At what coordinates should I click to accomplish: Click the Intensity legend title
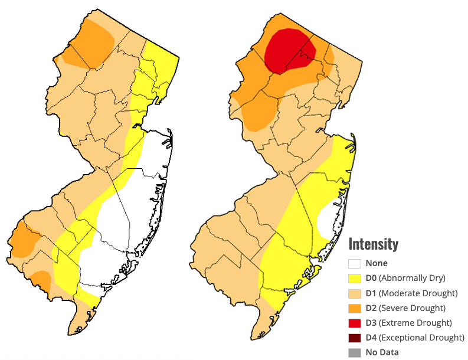[373, 244]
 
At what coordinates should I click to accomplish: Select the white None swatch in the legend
[354, 264]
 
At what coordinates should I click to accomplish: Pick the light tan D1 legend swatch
[354, 293]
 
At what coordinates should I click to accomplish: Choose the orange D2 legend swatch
[354, 308]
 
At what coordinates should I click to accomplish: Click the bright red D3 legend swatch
[354, 323]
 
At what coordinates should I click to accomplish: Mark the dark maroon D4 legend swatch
[354, 338]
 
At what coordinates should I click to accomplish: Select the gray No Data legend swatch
[354, 352]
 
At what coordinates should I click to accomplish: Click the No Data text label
[382, 352]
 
